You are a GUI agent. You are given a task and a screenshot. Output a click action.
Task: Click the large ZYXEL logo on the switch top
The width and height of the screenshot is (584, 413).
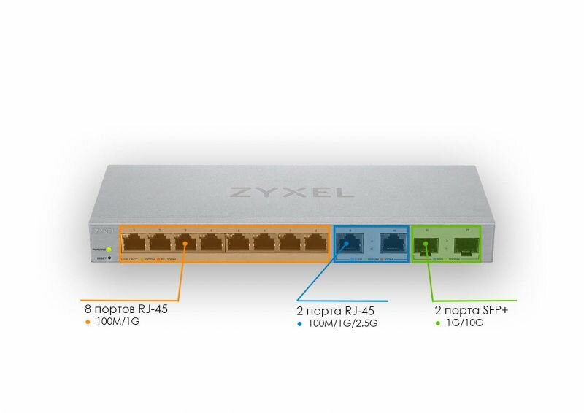[x=291, y=192]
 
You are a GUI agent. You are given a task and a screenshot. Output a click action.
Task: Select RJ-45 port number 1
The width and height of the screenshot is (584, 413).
[x=134, y=244]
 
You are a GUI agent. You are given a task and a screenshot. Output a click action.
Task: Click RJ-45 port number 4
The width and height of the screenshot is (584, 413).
[x=212, y=244]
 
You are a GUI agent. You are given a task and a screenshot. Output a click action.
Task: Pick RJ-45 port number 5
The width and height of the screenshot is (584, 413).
[x=239, y=244]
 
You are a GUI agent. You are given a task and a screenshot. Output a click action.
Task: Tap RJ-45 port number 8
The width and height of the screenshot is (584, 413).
[x=315, y=244]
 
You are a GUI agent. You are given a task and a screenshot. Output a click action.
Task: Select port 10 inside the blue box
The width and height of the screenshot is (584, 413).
[x=393, y=245]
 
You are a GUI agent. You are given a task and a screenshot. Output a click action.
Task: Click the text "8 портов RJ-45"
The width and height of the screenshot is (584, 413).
[x=126, y=309]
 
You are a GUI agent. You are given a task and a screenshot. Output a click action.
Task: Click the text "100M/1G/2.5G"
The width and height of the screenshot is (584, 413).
[x=344, y=323]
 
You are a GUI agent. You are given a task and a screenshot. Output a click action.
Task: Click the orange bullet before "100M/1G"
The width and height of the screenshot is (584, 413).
[x=88, y=321]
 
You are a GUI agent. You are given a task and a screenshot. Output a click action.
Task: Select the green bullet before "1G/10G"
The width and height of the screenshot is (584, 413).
[x=437, y=323]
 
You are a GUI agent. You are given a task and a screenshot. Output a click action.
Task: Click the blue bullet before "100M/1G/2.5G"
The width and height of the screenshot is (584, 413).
[x=301, y=323]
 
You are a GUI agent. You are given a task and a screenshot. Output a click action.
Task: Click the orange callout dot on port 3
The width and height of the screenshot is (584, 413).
[x=185, y=244]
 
